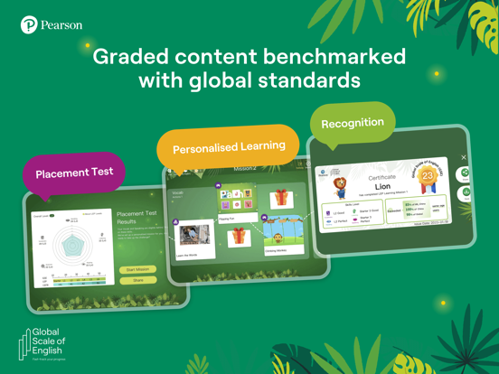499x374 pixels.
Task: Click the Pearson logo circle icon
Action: [29, 25]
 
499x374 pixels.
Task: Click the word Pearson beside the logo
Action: [61, 25]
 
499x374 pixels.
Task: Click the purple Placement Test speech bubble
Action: [75, 173]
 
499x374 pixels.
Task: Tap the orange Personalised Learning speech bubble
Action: [228, 146]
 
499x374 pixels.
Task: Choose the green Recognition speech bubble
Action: [352, 123]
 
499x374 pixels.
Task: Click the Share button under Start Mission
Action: [137, 281]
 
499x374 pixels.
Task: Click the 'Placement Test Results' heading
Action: [137, 218]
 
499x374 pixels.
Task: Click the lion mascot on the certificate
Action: [341, 187]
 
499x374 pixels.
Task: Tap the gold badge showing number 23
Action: [427, 176]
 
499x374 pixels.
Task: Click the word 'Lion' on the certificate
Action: [382, 187]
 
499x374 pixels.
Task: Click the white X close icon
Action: [464, 158]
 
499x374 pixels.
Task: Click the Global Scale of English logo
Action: [42, 344]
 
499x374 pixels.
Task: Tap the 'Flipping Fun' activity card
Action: [237, 200]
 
